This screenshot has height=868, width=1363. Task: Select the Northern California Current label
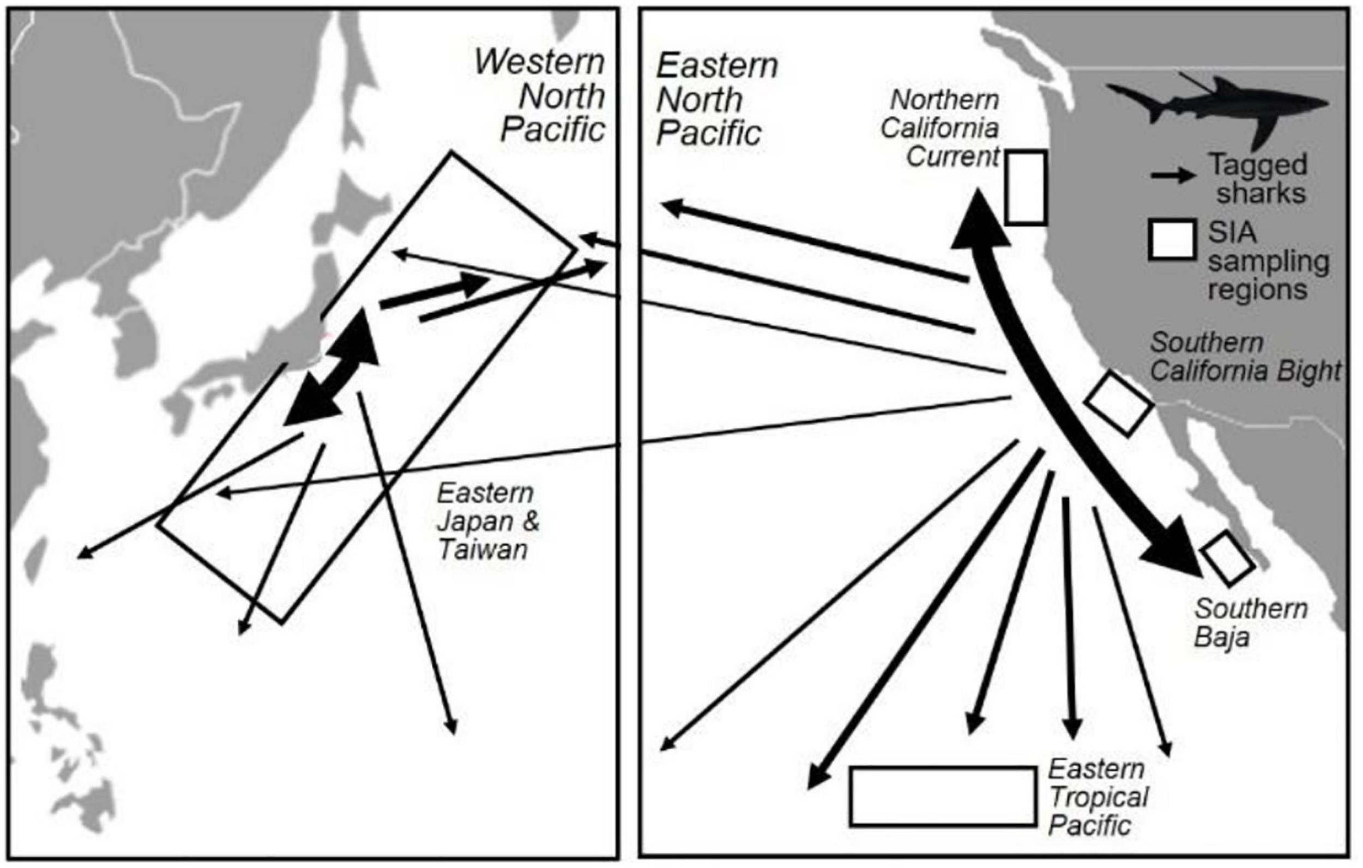(x=943, y=128)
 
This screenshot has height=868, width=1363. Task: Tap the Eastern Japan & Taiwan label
(x=487, y=521)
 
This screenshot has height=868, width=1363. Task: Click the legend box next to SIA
(x=1172, y=240)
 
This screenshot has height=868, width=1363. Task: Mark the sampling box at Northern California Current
(x=1025, y=188)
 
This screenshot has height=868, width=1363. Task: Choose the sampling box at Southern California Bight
(x=1118, y=403)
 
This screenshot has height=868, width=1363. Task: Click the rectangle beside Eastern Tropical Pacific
(x=943, y=796)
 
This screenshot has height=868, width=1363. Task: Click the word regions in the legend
(x=1257, y=290)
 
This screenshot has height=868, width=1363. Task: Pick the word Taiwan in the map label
(x=483, y=549)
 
